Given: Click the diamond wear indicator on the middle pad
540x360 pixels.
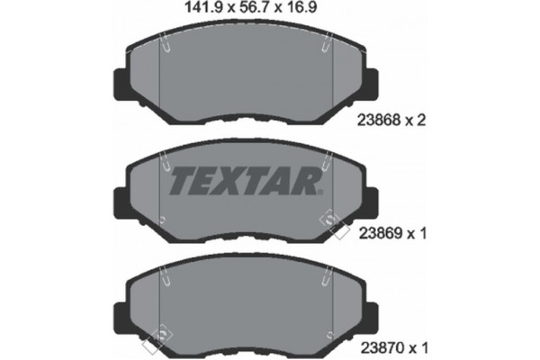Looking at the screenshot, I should click(335, 223).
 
